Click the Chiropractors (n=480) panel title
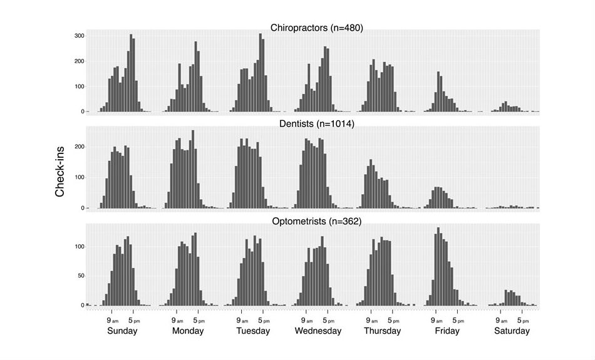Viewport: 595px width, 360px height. (x=316, y=28)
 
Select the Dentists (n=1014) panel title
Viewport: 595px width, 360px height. (x=316, y=124)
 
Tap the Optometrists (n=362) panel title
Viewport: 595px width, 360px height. (x=316, y=221)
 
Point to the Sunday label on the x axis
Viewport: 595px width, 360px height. (x=122, y=331)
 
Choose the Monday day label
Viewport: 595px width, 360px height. (x=188, y=331)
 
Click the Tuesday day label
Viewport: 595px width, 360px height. (x=252, y=331)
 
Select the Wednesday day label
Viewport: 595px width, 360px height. (x=318, y=331)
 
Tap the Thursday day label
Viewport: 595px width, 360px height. (x=382, y=331)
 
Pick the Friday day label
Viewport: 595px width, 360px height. (x=447, y=331)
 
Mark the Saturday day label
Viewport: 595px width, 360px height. (x=512, y=331)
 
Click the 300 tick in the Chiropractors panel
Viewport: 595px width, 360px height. (x=79, y=36)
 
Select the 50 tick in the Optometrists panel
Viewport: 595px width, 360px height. (x=80, y=275)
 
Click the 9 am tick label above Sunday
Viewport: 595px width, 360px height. (x=113, y=320)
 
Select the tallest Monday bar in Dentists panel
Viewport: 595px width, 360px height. (x=193, y=169)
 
